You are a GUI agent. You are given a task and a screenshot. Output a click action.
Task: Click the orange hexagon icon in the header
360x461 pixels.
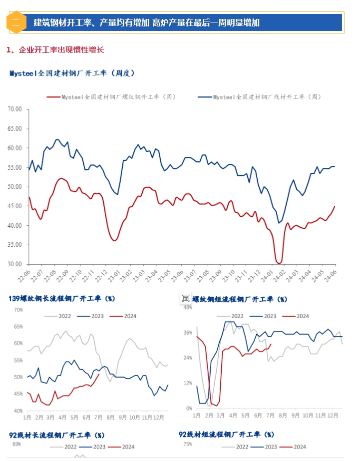[15, 22]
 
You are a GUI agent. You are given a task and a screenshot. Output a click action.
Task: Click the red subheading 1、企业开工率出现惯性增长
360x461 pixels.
[55, 50]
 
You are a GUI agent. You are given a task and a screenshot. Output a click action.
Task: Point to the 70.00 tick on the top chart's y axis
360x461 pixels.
[15, 109]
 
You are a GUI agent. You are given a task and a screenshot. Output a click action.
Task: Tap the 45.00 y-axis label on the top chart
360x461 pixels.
[15, 206]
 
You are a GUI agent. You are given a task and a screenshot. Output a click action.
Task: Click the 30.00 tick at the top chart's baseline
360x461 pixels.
[15, 264]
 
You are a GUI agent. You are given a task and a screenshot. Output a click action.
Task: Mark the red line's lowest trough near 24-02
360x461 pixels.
[279, 263]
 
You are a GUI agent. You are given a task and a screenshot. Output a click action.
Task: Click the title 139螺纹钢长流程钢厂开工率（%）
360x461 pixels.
[62, 299]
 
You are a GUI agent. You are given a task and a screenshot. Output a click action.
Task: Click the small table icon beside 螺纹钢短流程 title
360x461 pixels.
[185, 299]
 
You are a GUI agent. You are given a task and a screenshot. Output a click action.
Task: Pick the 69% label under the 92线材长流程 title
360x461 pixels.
[16, 445]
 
